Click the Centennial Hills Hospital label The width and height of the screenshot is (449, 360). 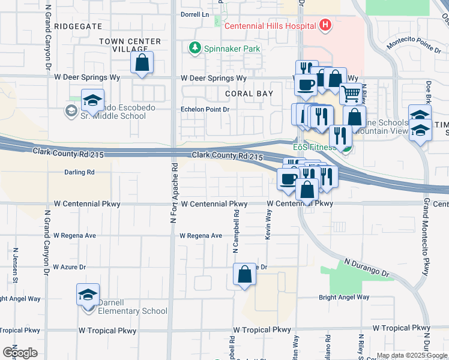coord(270,26)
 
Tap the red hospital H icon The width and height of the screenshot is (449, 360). coord(325,25)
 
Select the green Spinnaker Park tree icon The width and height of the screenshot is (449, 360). coord(194,47)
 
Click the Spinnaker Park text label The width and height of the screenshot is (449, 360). coord(226,47)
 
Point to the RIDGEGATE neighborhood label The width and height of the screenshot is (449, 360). coord(78,27)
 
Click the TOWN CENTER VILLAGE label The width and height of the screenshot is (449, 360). coord(130,46)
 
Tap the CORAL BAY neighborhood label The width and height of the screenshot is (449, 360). coord(249,94)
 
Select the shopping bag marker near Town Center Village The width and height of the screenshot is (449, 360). coord(142,62)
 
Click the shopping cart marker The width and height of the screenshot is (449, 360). coord(351,94)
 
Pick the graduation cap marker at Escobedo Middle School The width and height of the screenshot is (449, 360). coord(93,100)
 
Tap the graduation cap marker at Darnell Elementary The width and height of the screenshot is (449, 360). coord(88,295)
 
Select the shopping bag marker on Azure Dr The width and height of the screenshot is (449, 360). coord(244,274)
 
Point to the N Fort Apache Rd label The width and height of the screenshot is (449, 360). coord(173,194)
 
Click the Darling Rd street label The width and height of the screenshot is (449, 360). coord(79,172)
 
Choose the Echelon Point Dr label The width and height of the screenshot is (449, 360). coord(206,109)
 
